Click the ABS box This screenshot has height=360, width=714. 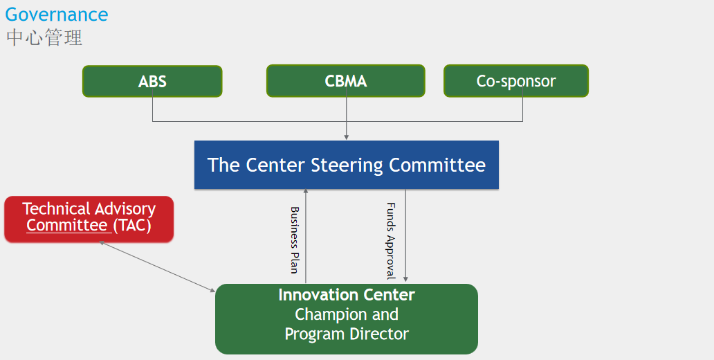[152, 81]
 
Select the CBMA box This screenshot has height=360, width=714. [346, 81]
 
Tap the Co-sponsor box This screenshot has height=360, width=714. [516, 81]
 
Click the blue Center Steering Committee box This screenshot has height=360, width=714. [347, 165]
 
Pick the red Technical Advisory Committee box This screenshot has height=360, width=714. [89, 219]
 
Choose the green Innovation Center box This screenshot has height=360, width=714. [347, 319]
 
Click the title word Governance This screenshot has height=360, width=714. [57, 15]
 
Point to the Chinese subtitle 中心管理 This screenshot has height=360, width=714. [44, 38]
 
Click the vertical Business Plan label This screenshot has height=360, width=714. [294, 240]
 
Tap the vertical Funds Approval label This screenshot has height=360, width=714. [391, 241]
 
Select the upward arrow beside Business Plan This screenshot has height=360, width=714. [306, 236]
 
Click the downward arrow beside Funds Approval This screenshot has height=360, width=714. [405, 235]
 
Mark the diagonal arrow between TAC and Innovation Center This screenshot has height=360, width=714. [157, 267]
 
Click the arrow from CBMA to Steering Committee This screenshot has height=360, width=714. [347, 114]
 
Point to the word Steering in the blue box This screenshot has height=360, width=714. [347, 165]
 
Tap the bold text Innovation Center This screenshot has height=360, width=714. [347, 295]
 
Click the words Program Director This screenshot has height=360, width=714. [347, 334]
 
